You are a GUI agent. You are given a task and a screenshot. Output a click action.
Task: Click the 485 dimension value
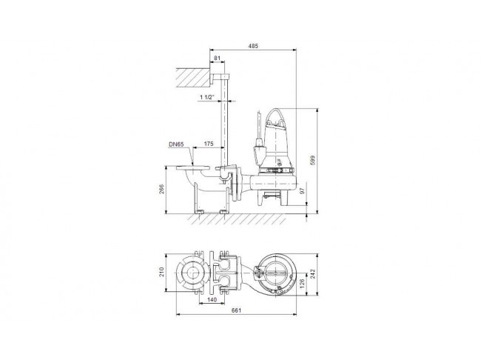tap(253, 46)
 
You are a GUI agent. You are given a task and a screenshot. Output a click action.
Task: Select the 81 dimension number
tap(217, 58)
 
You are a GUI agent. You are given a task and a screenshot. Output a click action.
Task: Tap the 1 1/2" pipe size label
tap(207, 97)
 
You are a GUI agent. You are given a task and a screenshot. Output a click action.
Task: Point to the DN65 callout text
tap(176, 144)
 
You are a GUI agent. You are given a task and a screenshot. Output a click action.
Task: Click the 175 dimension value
tap(209, 144)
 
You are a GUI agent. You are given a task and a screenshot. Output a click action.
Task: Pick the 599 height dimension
tap(312, 160)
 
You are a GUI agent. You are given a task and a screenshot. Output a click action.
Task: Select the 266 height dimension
tap(162, 189)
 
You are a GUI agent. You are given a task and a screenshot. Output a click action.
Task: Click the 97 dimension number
tap(302, 191)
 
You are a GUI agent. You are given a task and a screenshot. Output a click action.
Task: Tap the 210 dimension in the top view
tap(162, 272)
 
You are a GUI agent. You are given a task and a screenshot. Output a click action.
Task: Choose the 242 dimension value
tap(312, 273)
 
